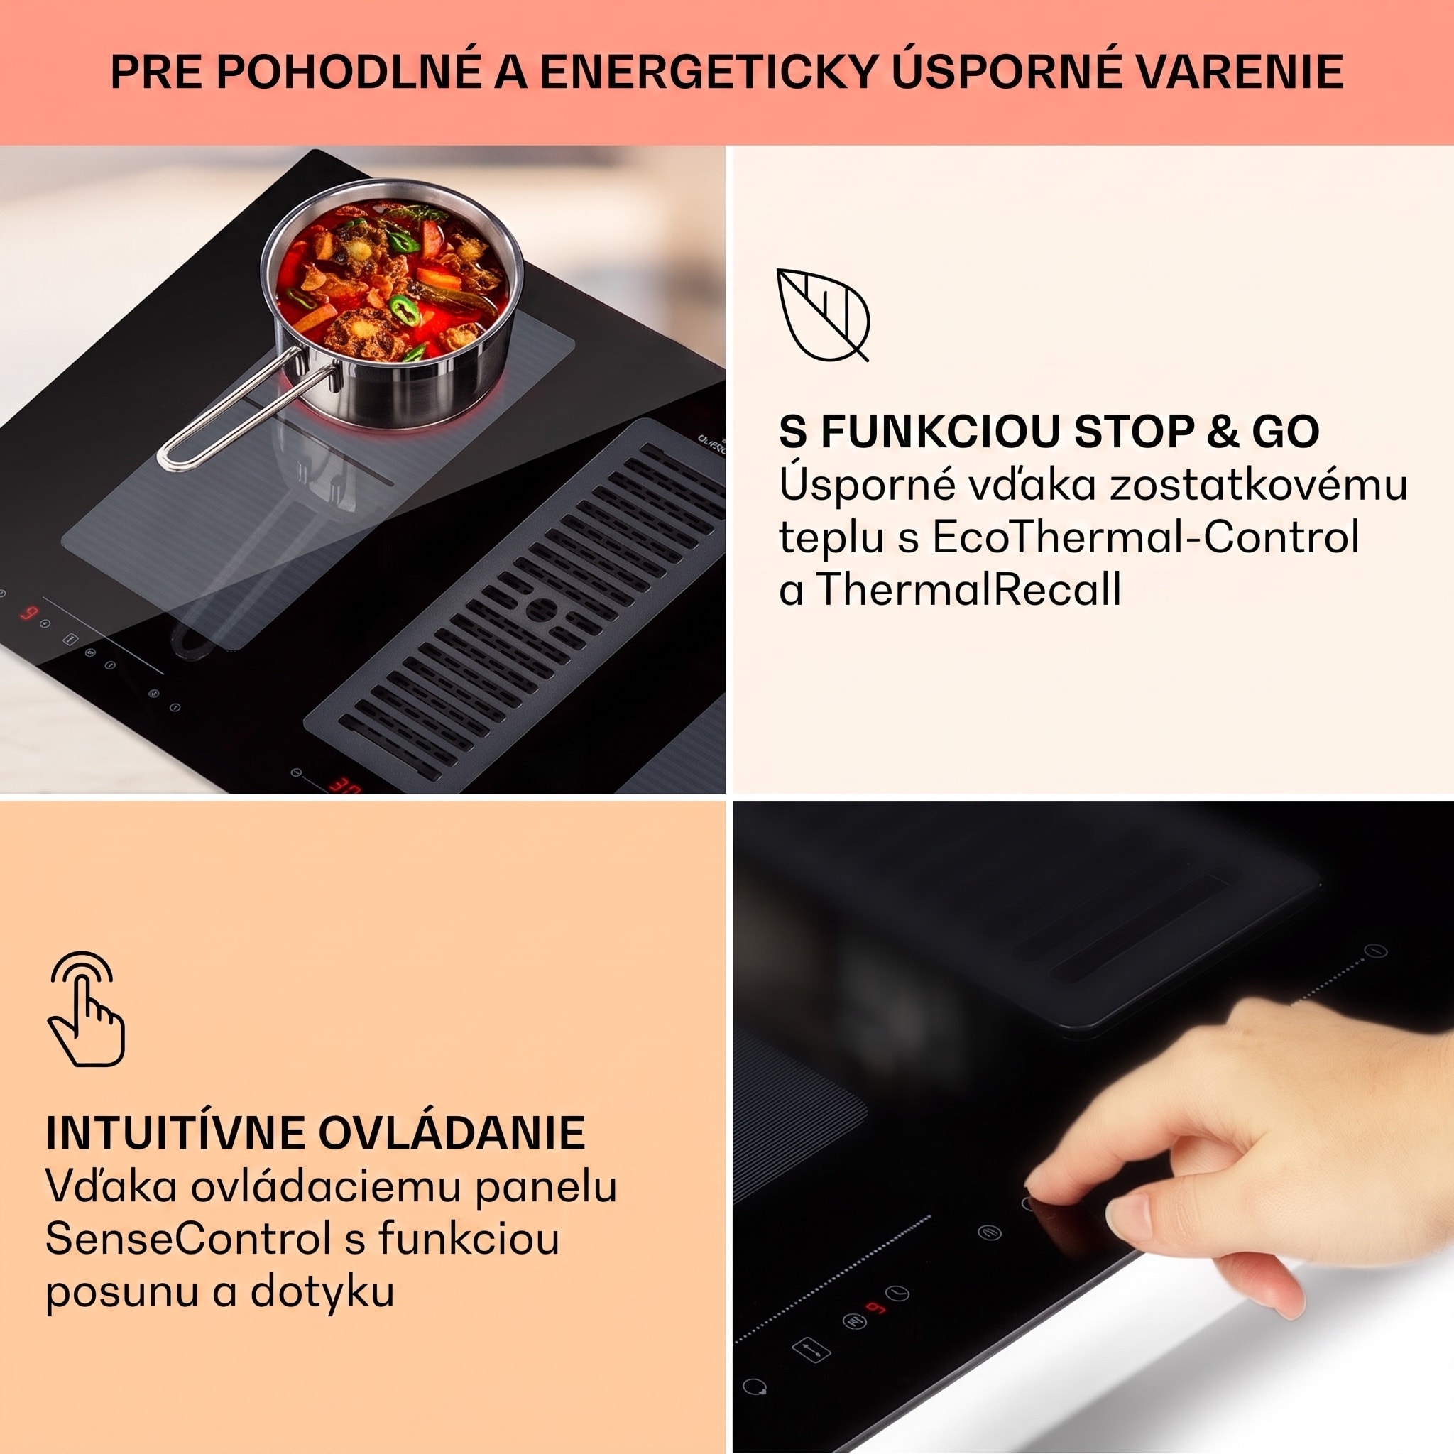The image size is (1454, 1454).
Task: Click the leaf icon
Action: point(822,314)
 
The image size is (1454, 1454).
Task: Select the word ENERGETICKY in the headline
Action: point(708,72)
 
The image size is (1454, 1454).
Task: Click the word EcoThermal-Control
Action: point(1145,537)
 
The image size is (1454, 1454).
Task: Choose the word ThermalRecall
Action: point(968,589)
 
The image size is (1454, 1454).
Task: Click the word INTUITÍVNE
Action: point(175,1132)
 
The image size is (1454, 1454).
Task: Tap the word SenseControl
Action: point(188,1238)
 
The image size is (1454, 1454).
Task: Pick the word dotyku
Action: point(322,1291)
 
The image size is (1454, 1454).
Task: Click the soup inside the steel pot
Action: point(391,280)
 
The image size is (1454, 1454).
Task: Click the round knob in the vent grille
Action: point(541,609)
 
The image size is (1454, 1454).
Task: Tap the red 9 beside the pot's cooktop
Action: point(28,613)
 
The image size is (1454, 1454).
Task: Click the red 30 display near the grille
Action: point(344,786)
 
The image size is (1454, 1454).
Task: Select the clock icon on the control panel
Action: point(898,1293)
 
